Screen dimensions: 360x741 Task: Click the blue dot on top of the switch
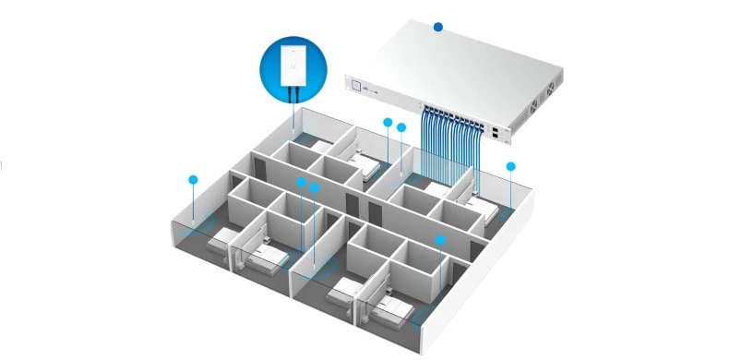(x=439, y=29)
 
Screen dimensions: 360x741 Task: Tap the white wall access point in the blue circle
(x=293, y=65)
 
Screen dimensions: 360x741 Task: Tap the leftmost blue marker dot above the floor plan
(x=193, y=177)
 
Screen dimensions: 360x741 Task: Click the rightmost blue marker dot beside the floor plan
(x=510, y=167)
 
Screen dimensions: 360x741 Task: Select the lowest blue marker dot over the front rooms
(x=441, y=240)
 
